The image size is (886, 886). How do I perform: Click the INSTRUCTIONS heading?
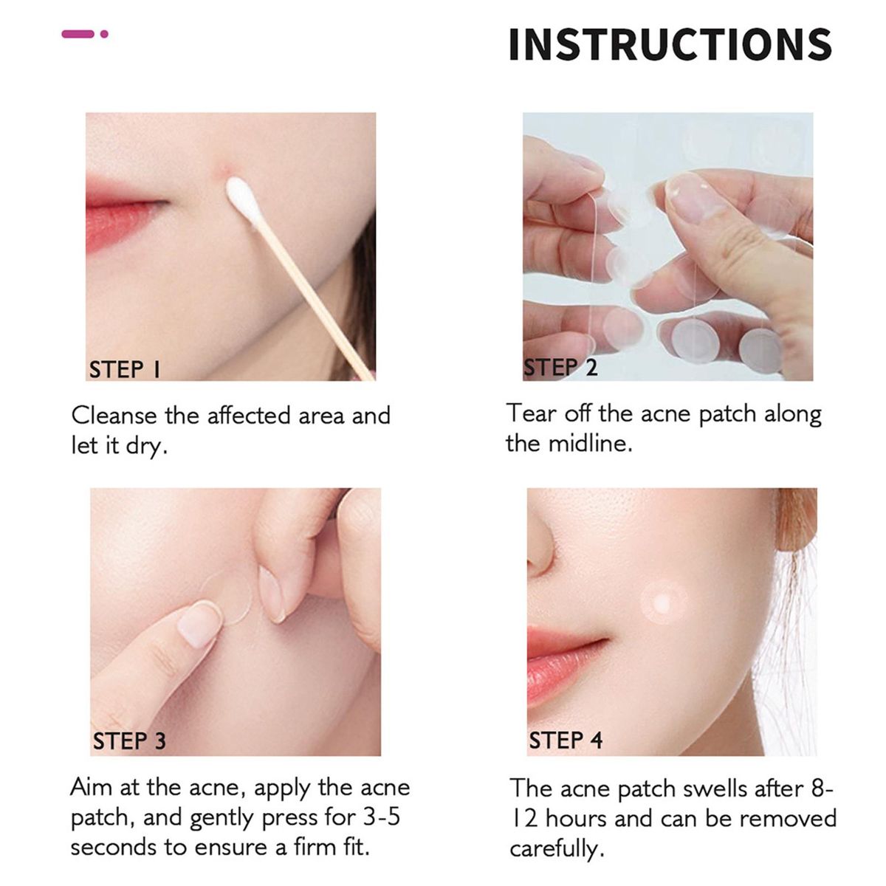pos(670,44)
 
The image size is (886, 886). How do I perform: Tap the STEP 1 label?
pos(125,370)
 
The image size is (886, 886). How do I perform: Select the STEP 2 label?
pos(561,368)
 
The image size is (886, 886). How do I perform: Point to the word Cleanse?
pos(114,416)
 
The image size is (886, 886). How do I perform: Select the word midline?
pos(591,444)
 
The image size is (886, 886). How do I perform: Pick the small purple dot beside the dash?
pos(104,34)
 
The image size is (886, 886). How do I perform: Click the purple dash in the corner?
pos(78,34)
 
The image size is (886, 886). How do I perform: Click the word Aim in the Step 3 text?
pos(90,788)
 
